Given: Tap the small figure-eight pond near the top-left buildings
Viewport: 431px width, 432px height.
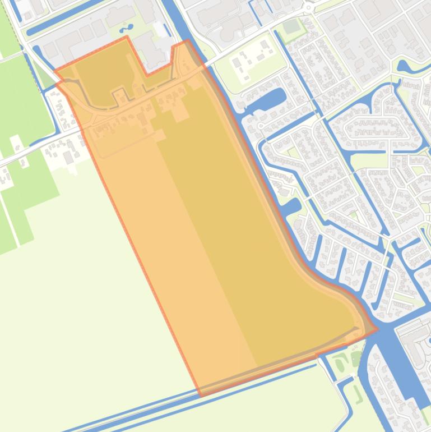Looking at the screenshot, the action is [x=123, y=27].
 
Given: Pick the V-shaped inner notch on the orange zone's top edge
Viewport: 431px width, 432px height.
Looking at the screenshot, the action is [x=147, y=74].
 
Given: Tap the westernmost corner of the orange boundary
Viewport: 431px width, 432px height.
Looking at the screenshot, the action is [x=55, y=71].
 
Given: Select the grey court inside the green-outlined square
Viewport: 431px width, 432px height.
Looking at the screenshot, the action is [x=291, y=26].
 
